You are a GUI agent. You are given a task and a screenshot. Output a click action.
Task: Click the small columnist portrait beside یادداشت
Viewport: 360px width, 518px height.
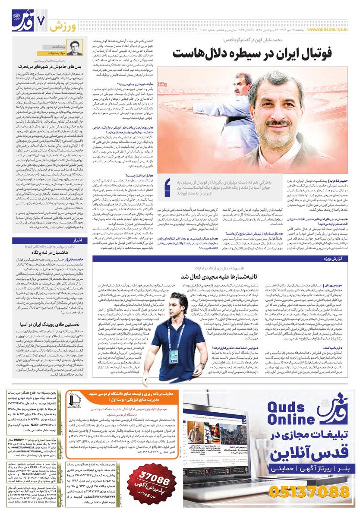tap(74, 48)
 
